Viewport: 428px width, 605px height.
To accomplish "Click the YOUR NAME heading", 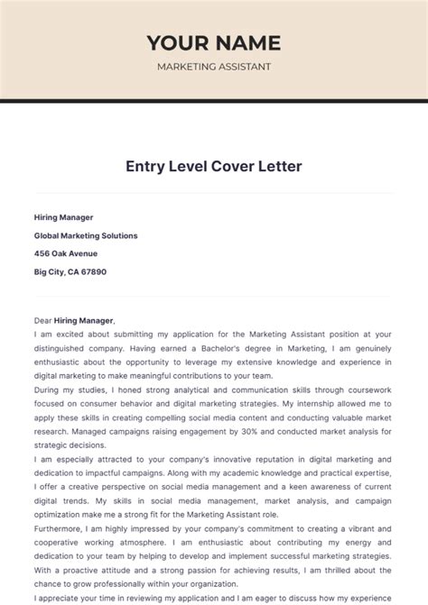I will point(214,42).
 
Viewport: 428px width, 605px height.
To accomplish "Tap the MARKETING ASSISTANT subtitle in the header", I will point(214,67).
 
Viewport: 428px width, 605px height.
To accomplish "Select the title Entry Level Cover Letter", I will point(214,167).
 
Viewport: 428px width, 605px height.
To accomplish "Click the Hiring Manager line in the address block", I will point(63,217).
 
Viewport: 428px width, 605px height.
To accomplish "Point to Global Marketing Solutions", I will point(86,235).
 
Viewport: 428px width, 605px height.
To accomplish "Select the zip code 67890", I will point(94,271).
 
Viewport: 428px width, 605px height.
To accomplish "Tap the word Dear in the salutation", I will point(43,320).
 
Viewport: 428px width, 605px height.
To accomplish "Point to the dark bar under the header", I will point(214,100).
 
